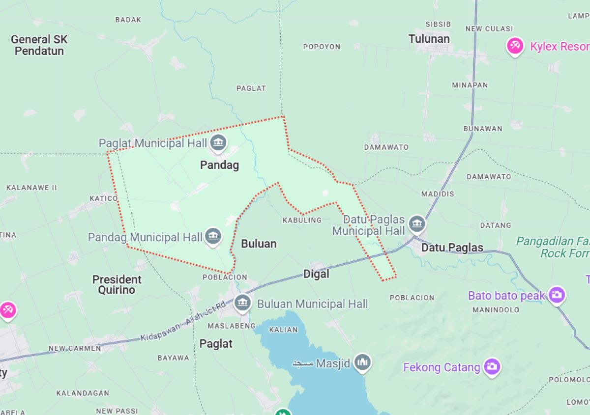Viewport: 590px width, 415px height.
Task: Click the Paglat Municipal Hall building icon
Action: (218, 143)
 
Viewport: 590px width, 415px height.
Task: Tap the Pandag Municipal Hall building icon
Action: (213, 236)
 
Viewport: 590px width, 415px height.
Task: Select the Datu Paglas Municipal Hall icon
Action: (417, 224)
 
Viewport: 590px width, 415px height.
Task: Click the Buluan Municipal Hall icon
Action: (242, 303)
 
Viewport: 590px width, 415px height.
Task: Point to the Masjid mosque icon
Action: (363, 363)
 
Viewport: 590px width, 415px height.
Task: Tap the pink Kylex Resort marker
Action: (515, 46)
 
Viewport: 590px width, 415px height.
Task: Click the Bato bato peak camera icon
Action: (557, 295)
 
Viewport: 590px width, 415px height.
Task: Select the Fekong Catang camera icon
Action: (491, 366)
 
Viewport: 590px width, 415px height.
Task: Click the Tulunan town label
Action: (429, 39)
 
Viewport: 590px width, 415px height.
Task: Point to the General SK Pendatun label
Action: (39, 45)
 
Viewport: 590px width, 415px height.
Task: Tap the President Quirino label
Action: (117, 284)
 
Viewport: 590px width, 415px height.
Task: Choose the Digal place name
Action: (316, 274)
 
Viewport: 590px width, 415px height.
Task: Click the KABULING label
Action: (302, 220)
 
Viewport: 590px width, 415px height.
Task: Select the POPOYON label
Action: (322, 47)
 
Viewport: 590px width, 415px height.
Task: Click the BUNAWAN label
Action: (482, 129)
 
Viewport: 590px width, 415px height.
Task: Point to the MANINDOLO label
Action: (496, 310)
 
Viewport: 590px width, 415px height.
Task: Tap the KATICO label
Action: (103, 198)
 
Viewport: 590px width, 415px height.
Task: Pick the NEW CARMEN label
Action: (74, 348)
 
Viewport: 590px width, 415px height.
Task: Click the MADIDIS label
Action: (438, 194)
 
